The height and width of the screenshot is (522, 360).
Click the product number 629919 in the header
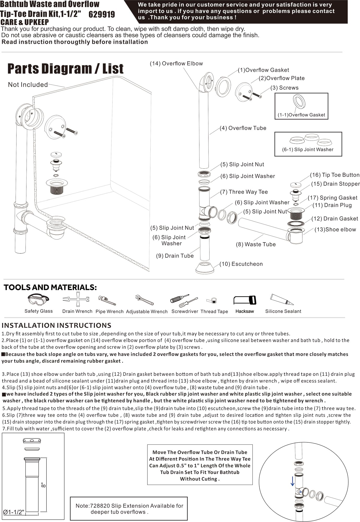[x=101, y=14]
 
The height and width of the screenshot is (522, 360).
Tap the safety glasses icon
[x=38, y=299]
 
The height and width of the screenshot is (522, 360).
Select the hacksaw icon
[x=245, y=300]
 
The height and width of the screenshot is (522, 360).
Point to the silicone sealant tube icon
[x=281, y=299]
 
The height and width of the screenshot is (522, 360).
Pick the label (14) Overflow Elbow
[x=176, y=63]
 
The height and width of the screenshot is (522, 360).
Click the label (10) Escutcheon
[x=241, y=264]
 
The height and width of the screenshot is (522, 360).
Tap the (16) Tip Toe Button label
[x=334, y=175]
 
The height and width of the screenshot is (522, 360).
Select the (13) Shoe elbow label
[x=335, y=229]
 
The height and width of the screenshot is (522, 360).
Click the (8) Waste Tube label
[x=256, y=244]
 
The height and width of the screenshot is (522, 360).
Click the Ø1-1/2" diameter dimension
[x=14, y=512]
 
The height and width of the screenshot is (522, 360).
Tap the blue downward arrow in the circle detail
[x=292, y=481]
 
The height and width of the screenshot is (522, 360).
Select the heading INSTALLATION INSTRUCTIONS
[x=56, y=325]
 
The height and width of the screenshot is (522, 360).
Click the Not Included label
[x=28, y=85]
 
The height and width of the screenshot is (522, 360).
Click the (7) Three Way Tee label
[x=244, y=192]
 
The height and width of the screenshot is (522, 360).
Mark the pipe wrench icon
[x=107, y=300]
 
